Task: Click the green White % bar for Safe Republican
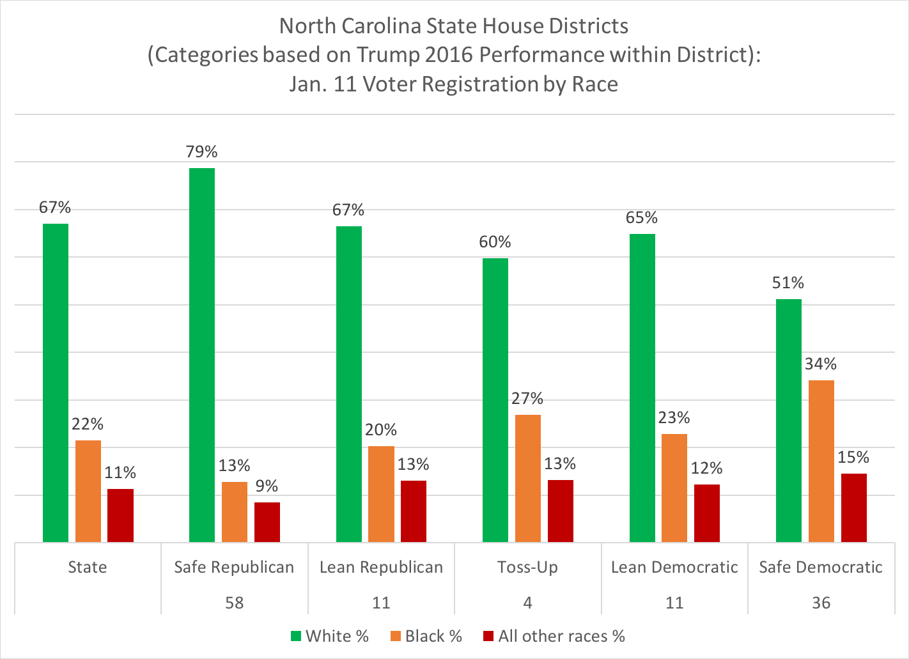(x=202, y=355)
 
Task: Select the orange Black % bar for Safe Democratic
(x=821, y=461)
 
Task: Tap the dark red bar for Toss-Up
(x=560, y=511)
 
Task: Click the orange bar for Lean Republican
(x=381, y=493)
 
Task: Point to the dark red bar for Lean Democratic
(x=706, y=513)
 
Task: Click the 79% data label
(x=202, y=151)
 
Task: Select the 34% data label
(x=821, y=364)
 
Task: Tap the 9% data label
(x=267, y=486)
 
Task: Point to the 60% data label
(x=495, y=242)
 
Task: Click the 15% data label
(x=853, y=457)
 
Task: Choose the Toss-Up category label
(x=527, y=567)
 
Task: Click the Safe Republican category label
(x=234, y=567)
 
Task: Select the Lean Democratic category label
(x=674, y=567)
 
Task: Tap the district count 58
(x=235, y=603)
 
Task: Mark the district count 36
(x=821, y=603)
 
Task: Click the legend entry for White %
(x=330, y=636)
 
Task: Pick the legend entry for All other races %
(x=554, y=636)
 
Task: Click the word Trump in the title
(x=384, y=55)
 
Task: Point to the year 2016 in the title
(x=446, y=55)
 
